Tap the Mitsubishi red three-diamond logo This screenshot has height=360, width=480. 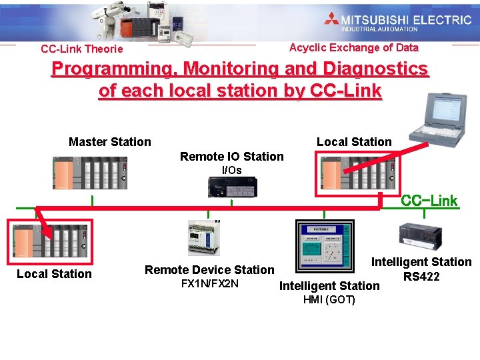pos(331,19)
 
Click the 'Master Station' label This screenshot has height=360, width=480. pos(110,141)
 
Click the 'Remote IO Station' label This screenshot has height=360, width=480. pos(231,157)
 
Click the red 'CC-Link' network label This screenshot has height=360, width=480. pos(429,201)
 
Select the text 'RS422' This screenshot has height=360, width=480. pos(421,276)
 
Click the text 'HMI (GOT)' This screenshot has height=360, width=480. pos(329,300)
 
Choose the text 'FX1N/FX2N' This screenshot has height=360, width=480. pos(209,284)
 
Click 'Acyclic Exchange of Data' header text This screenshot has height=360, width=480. pos(353,48)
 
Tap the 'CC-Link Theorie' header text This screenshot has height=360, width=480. pos(81,49)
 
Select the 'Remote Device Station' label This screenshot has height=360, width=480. pos(209,270)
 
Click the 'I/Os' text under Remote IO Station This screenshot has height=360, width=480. pos(231,170)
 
